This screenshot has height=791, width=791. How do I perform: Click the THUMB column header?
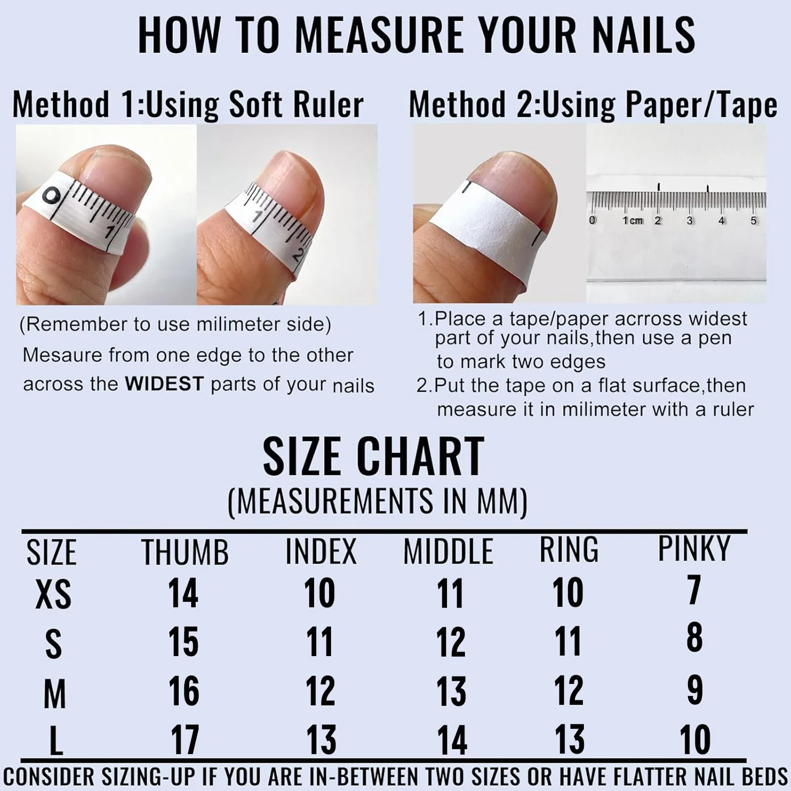pos(185,552)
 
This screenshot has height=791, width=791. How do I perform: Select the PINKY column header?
pos(694,548)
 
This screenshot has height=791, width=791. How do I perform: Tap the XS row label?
pos(53,594)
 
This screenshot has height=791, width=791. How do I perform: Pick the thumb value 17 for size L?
pos(185,740)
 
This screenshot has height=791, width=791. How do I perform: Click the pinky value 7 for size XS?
pos(694,590)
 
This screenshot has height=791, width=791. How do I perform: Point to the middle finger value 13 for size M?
pos(451,691)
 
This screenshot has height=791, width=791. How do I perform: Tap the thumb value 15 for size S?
pos(183,642)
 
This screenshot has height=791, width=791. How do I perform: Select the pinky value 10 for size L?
pos(695,740)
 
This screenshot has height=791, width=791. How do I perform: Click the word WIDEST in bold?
pos(165,384)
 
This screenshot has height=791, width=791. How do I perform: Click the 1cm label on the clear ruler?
pos(632,220)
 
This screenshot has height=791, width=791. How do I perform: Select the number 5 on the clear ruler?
pos(753,220)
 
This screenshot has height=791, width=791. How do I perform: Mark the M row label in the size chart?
pos(54,694)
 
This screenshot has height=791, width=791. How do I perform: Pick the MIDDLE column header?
pos(448,552)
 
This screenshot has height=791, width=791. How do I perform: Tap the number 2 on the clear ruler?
pos(658,220)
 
